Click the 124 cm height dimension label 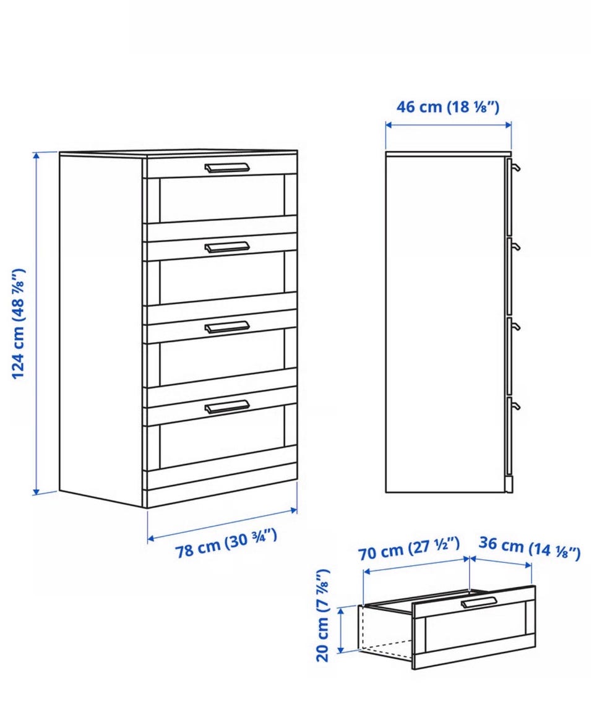[18, 324]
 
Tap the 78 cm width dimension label [226, 543]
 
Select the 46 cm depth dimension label [448, 107]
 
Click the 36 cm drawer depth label [530, 547]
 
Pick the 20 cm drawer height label [323, 615]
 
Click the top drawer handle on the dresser [227, 168]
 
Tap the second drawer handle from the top [227, 247]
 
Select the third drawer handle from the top [227, 327]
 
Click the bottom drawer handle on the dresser [227, 406]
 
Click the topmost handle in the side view [515, 168]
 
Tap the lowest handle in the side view [515, 406]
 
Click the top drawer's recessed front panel [222, 199]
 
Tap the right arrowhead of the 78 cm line [293, 510]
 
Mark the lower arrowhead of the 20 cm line [341, 648]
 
